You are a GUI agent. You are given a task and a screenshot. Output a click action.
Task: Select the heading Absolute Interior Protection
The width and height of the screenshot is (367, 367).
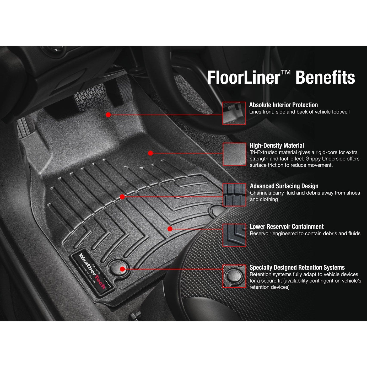coord(283,105)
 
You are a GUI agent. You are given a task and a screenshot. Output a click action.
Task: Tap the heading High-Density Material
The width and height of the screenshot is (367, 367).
coord(277,145)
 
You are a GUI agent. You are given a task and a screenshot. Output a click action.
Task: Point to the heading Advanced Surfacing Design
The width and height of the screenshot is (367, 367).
coord(284,186)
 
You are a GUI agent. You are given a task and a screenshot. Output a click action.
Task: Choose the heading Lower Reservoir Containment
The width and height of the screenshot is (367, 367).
coord(287,226)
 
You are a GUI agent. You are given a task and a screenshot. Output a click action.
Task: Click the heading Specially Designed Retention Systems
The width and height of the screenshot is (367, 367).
coord(297,267)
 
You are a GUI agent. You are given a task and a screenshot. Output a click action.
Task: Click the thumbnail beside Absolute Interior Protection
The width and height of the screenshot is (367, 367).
coord(234,113)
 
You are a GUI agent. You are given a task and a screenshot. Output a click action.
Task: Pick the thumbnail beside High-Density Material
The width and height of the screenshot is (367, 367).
coord(234,154)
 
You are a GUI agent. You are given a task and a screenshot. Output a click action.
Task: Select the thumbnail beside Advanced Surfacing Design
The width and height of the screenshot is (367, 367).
coord(234,195)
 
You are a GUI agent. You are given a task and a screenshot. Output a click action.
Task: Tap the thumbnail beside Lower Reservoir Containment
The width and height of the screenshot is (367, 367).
coord(234,235)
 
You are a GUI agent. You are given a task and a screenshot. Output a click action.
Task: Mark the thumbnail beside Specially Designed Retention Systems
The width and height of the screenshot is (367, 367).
coord(234,276)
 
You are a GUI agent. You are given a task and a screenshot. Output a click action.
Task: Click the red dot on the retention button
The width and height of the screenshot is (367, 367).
coord(122,269)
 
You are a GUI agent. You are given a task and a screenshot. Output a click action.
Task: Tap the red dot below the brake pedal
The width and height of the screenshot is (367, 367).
coord(108,115)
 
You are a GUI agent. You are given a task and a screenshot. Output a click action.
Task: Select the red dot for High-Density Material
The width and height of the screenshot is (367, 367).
coord(150,153)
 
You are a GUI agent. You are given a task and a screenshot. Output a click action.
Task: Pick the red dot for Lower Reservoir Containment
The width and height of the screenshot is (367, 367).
coord(170,229)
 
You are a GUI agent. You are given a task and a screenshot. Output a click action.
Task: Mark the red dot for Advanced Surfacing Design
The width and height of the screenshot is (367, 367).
coord(122,197)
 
